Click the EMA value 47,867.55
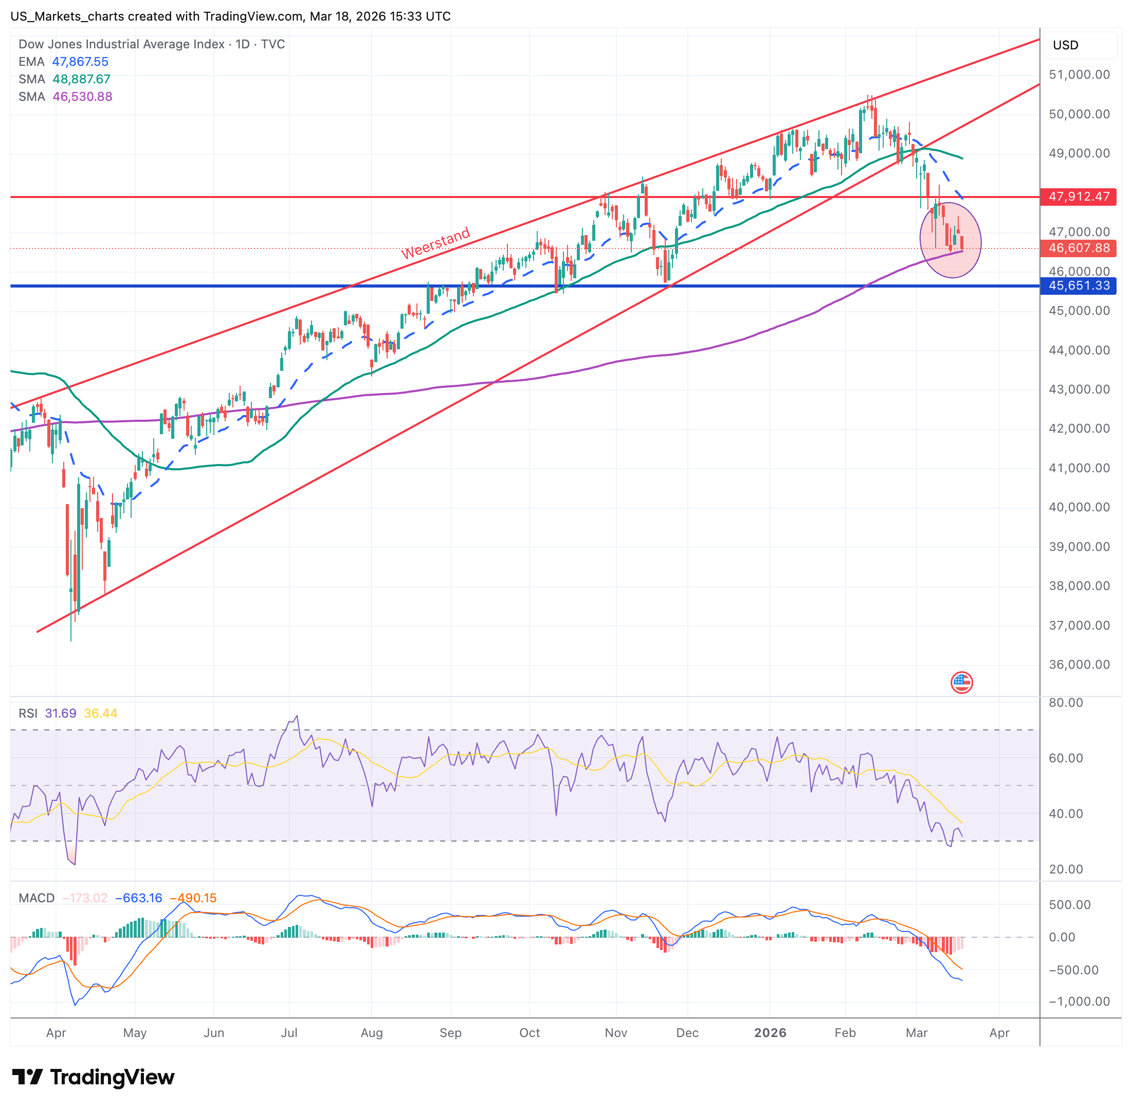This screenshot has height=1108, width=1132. pyautogui.click(x=80, y=62)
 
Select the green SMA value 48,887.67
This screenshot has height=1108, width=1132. pyautogui.click(x=81, y=79)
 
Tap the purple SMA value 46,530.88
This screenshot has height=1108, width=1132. pyautogui.click(x=83, y=97)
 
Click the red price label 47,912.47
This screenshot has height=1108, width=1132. pyautogui.click(x=1079, y=196)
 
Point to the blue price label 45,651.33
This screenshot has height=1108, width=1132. pyautogui.click(x=1079, y=285)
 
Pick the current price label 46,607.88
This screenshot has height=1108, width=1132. pyautogui.click(x=1079, y=248)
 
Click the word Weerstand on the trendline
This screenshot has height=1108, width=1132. pyautogui.click(x=436, y=244)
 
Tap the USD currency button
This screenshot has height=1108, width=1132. pyautogui.click(x=1066, y=45)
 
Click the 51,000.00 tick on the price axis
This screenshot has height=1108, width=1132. pyautogui.click(x=1079, y=75)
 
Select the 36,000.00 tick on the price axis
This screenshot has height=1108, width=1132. pyautogui.click(x=1079, y=665)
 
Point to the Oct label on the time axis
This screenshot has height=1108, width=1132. pyautogui.click(x=530, y=1033)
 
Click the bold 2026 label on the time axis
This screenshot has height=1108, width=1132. pyautogui.click(x=770, y=1033)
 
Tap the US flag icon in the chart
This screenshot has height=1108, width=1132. pyautogui.click(x=961, y=682)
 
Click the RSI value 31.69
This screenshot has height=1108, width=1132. pyautogui.click(x=61, y=713)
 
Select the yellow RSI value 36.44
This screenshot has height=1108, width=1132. pyautogui.click(x=101, y=713)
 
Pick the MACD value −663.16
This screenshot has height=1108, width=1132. pyautogui.click(x=138, y=898)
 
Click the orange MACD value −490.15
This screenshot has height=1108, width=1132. pyautogui.click(x=193, y=898)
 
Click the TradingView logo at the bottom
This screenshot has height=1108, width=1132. pyautogui.click(x=93, y=1078)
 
